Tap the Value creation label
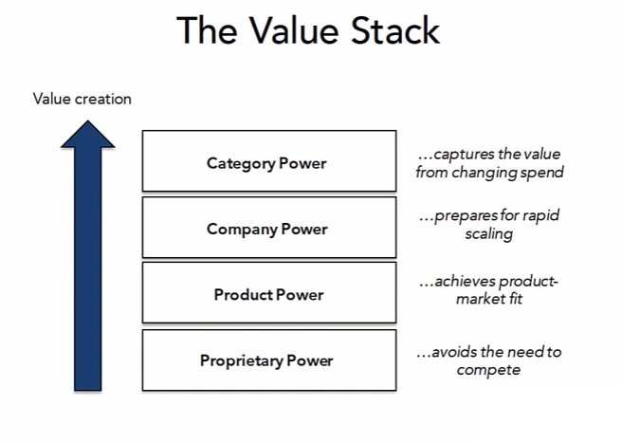[x=82, y=99]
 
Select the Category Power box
[x=268, y=162]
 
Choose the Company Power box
[x=268, y=229]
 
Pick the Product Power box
[x=268, y=294]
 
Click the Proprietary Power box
[x=268, y=360]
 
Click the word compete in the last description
[x=488, y=369]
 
